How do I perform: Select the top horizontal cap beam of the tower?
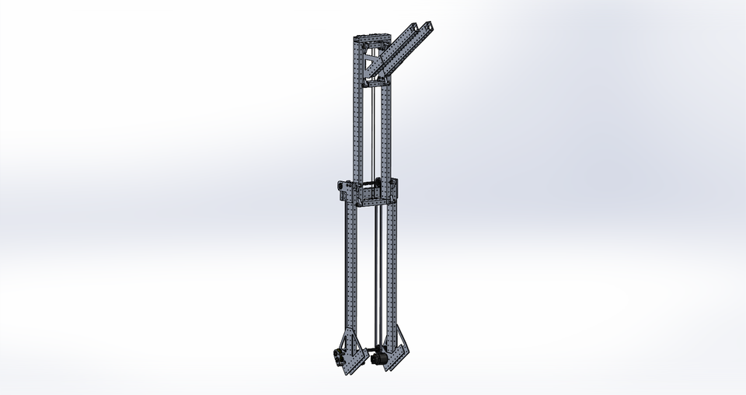pyautogui.click(x=372, y=39)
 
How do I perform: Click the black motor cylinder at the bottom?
pyautogui.click(x=379, y=359)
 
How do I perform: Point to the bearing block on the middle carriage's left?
pyautogui.click(x=343, y=187)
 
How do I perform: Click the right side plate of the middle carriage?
pyautogui.click(x=394, y=191)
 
